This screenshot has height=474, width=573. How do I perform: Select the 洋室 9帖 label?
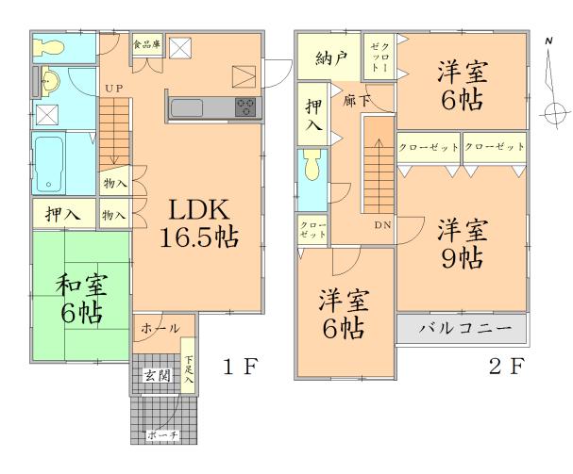(x=462, y=243)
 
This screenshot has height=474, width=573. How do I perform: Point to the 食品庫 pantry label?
(x=145, y=43)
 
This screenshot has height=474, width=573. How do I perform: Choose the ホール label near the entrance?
(x=160, y=328)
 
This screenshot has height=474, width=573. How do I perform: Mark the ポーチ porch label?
(x=162, y=434)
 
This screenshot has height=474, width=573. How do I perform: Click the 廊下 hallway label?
(x=356, y=98)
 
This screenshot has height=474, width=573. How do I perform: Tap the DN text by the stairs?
(x=381, y=225)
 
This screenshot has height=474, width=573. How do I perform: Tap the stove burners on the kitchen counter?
(x=246, y=106)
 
